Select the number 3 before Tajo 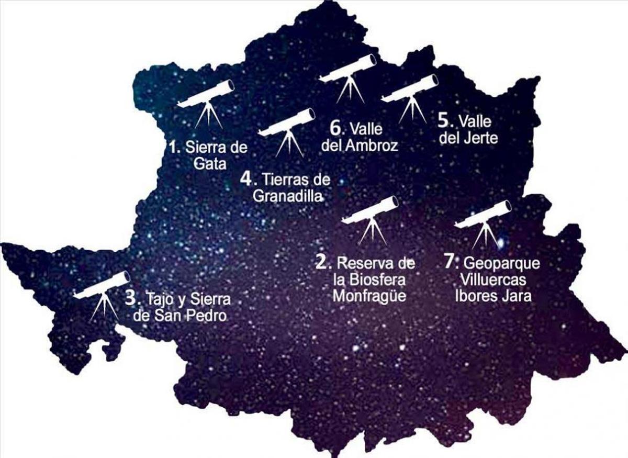[x=130, y=298]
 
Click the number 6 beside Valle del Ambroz [x=336, y=127]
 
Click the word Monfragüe [x=369, y=295]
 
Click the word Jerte [x=480, y=138]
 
